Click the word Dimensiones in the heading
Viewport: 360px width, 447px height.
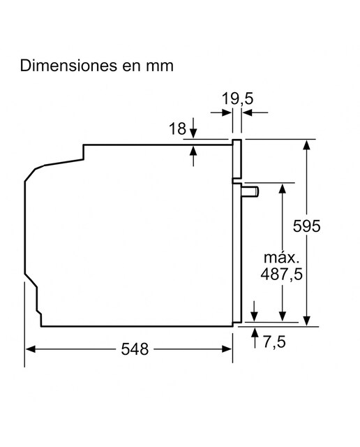tap(68, 66)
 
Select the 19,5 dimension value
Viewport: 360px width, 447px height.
tap(237, 98)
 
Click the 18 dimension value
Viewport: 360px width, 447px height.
tap(177, 129)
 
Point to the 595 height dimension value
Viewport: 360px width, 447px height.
tap(307, 226)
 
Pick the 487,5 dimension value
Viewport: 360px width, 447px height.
tap(282, 274)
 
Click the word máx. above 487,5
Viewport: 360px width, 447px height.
tap(282, 258)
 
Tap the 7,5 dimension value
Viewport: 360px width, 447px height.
tap(274, 342)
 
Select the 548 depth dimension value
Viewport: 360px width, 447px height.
tap(135, 349)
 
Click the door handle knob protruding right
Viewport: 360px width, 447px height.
tap(250, 191)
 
